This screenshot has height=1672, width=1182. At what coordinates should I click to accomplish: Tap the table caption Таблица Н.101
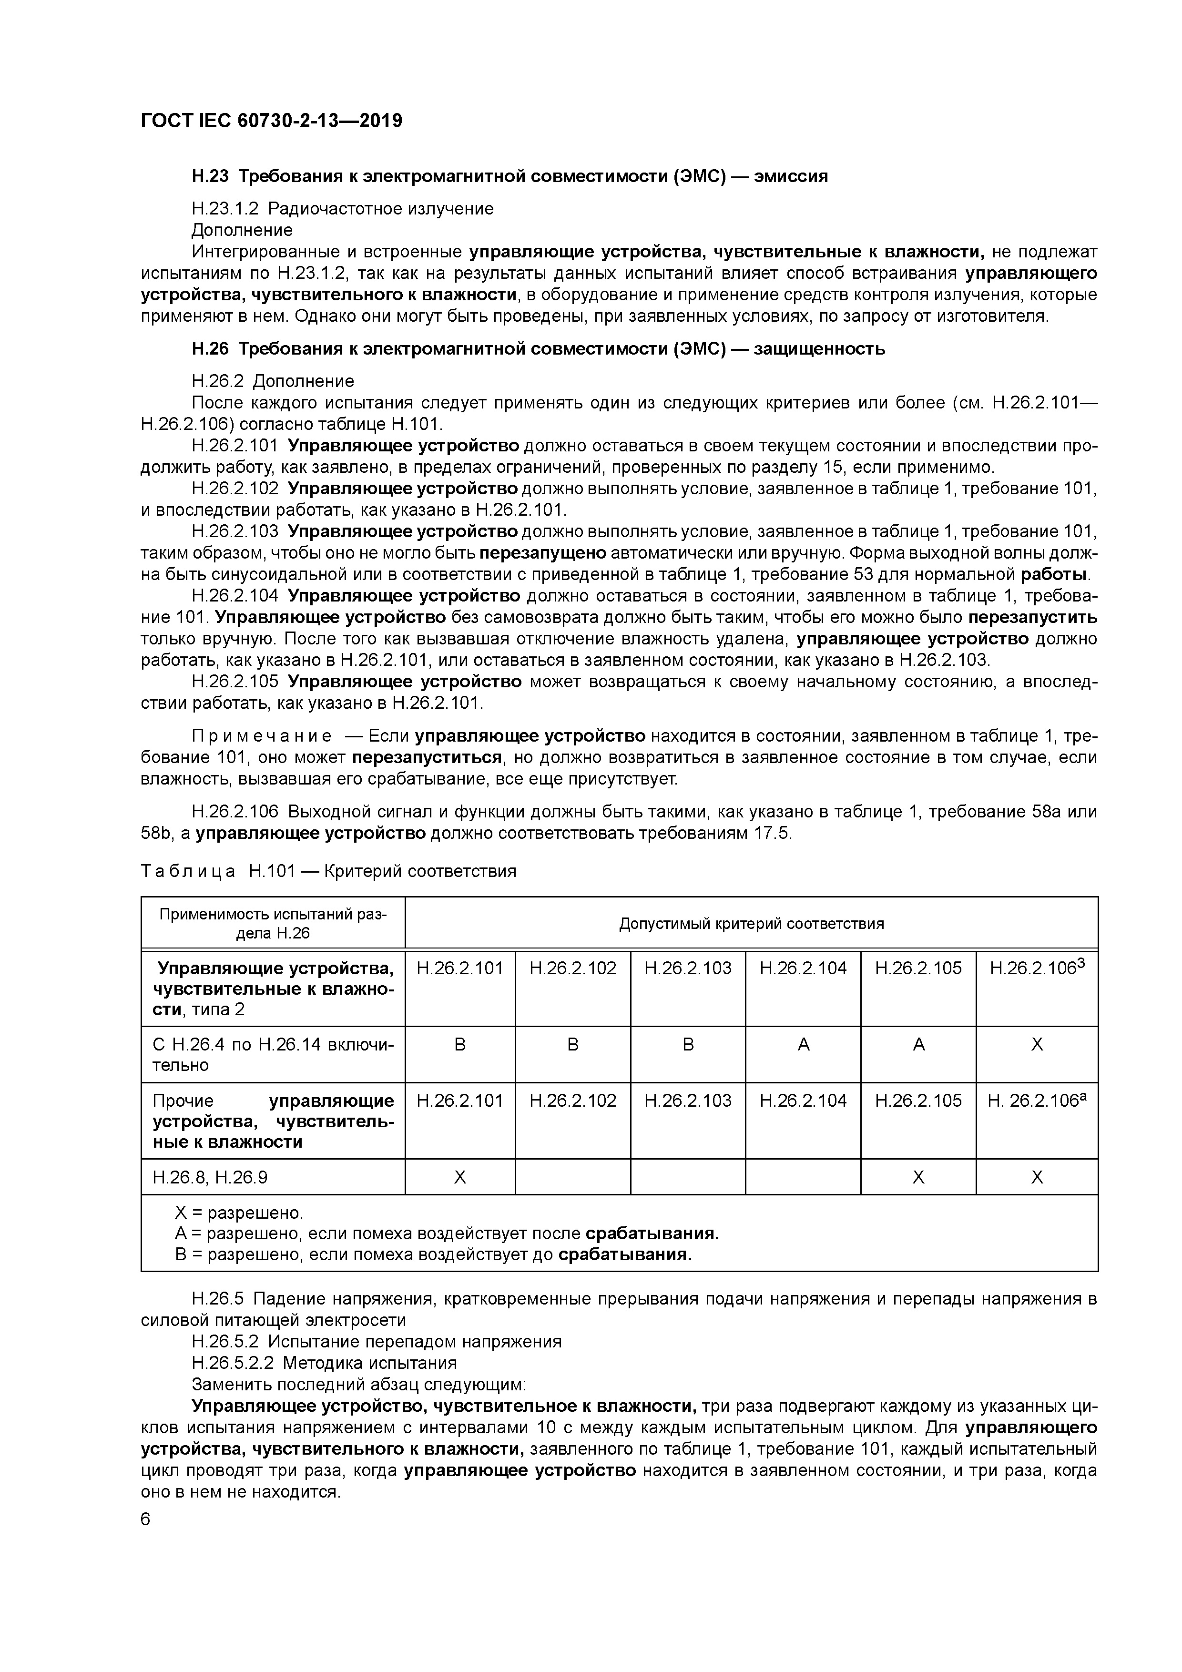(x=328, y=871)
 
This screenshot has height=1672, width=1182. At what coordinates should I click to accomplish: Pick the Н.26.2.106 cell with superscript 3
(x=1036, y=969)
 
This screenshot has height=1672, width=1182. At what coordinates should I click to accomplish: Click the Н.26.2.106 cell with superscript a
(x=1036, y=1101)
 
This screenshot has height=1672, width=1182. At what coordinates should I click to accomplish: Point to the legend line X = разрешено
(x=238, y=1213)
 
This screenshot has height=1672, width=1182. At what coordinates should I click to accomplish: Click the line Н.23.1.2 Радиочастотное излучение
(x=342, y=209)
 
